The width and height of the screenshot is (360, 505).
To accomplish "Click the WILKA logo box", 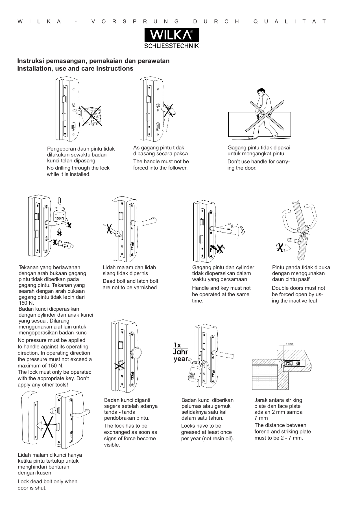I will tap(172, 35).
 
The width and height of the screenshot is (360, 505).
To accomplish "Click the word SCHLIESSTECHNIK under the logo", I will tap(172, 46).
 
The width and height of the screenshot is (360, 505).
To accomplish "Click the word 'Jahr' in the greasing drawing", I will tap(180, 352).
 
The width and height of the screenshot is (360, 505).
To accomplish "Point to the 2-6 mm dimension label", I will tap(289, 344).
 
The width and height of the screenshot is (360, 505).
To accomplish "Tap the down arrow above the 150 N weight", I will tap(59, 201).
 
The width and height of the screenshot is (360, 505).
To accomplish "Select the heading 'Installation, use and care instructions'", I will tap(75, 69).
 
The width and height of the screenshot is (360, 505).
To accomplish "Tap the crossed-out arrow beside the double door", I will tap(282, 248).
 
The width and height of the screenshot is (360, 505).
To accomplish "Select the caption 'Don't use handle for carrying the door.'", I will tap(259, 165).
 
